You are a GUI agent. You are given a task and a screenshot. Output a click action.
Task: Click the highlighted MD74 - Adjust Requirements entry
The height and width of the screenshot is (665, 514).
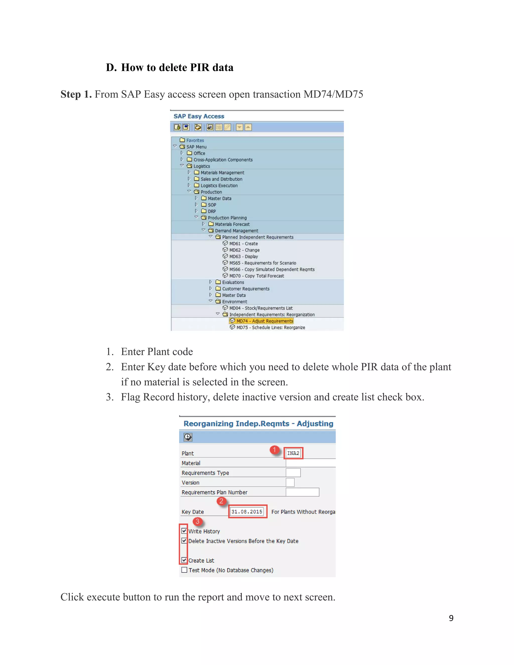[x=264, y=321]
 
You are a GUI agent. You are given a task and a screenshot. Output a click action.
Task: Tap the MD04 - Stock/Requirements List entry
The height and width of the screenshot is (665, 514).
[x=261, y=308]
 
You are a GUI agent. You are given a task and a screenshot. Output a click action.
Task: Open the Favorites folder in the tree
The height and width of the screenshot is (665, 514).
[x=195, y=140]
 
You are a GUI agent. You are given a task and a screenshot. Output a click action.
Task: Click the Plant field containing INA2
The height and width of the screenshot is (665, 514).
[x=293, y=453]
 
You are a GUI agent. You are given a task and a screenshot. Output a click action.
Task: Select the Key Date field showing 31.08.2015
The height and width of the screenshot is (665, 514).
[x=247, y=511]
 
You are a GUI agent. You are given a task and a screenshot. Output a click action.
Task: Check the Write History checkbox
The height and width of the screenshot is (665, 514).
[x=184, y=531]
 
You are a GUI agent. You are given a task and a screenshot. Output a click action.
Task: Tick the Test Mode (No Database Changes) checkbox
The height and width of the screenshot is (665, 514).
[x=184, y=570]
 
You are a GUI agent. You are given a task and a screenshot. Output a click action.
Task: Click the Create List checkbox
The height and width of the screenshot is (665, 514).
[x=184, y=560]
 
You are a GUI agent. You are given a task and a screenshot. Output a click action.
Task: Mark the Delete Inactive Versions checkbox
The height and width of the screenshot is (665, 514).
[x=184, y=541]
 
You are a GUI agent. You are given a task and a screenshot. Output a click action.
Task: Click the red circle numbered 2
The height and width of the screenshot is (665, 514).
[x=221, y=501]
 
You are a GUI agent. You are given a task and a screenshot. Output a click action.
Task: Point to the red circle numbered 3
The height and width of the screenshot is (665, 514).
[x=198, y=521]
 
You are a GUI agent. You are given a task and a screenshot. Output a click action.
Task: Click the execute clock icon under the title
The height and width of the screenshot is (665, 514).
[x=188, y=437]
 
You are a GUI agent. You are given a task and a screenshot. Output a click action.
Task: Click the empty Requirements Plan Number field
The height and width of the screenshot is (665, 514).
[x=302, y=492]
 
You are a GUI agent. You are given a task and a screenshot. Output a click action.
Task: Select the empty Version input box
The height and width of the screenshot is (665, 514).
[x=290, y=482]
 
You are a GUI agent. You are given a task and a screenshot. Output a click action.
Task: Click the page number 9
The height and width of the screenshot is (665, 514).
[x=451, y=618]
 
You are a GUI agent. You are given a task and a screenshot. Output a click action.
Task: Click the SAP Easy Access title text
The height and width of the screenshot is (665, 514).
[x=199, y=116]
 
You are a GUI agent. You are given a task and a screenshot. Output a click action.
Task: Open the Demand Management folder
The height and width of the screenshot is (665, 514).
[x=236, y=231]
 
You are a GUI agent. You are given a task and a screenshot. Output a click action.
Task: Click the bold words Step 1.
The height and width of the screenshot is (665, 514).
[x=76, y=94]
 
